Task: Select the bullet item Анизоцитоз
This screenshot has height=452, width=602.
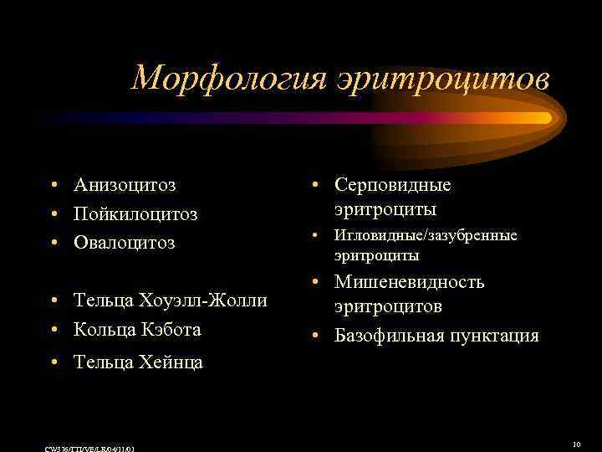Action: (x=130, y=185)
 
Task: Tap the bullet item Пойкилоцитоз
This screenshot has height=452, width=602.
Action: (x=135, y=214)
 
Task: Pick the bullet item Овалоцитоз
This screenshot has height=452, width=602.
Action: (x=125, y=243)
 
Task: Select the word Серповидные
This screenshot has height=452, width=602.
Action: (x=392, y=185)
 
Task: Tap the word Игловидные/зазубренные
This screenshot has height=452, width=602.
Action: (x=426, y=236)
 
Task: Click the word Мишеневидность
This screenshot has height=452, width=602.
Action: (x=410, y=282)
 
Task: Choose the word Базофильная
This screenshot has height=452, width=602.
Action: (x=386, y=336)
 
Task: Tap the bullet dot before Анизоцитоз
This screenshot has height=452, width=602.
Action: (x=53, y=186)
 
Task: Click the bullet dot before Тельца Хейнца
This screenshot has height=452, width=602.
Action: (x=53, y=362)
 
